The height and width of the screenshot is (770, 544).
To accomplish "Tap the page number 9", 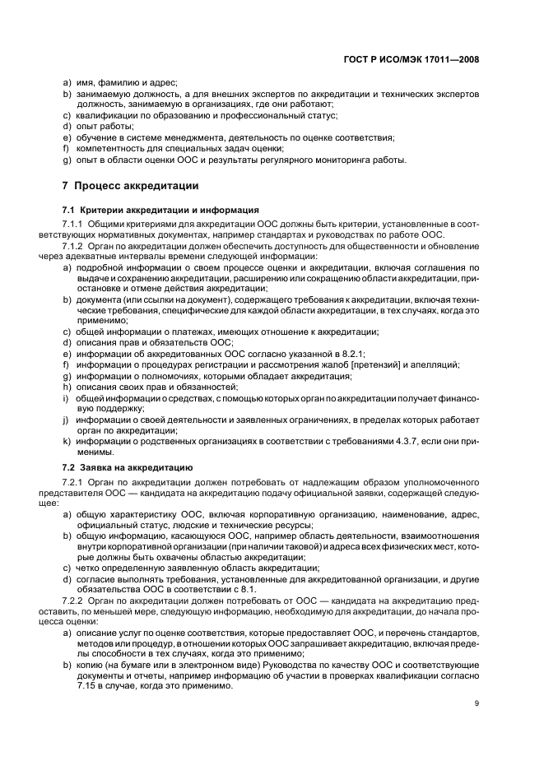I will point(477,703).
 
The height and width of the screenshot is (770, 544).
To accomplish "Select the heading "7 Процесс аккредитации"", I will point(131,185).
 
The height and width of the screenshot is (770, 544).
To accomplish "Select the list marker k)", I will point(66,442).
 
